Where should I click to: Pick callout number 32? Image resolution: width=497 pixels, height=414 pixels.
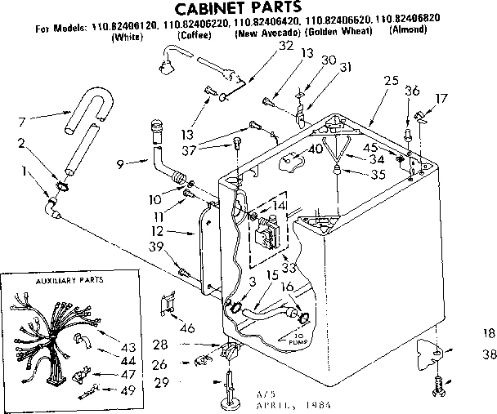[262, 46]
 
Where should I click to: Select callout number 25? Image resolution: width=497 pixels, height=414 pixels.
[390, 80]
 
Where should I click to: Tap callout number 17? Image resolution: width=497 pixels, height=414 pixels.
[442, 99]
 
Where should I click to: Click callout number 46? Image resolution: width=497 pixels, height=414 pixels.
[187, 327]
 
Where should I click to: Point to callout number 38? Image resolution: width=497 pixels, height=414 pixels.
[489, 355]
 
